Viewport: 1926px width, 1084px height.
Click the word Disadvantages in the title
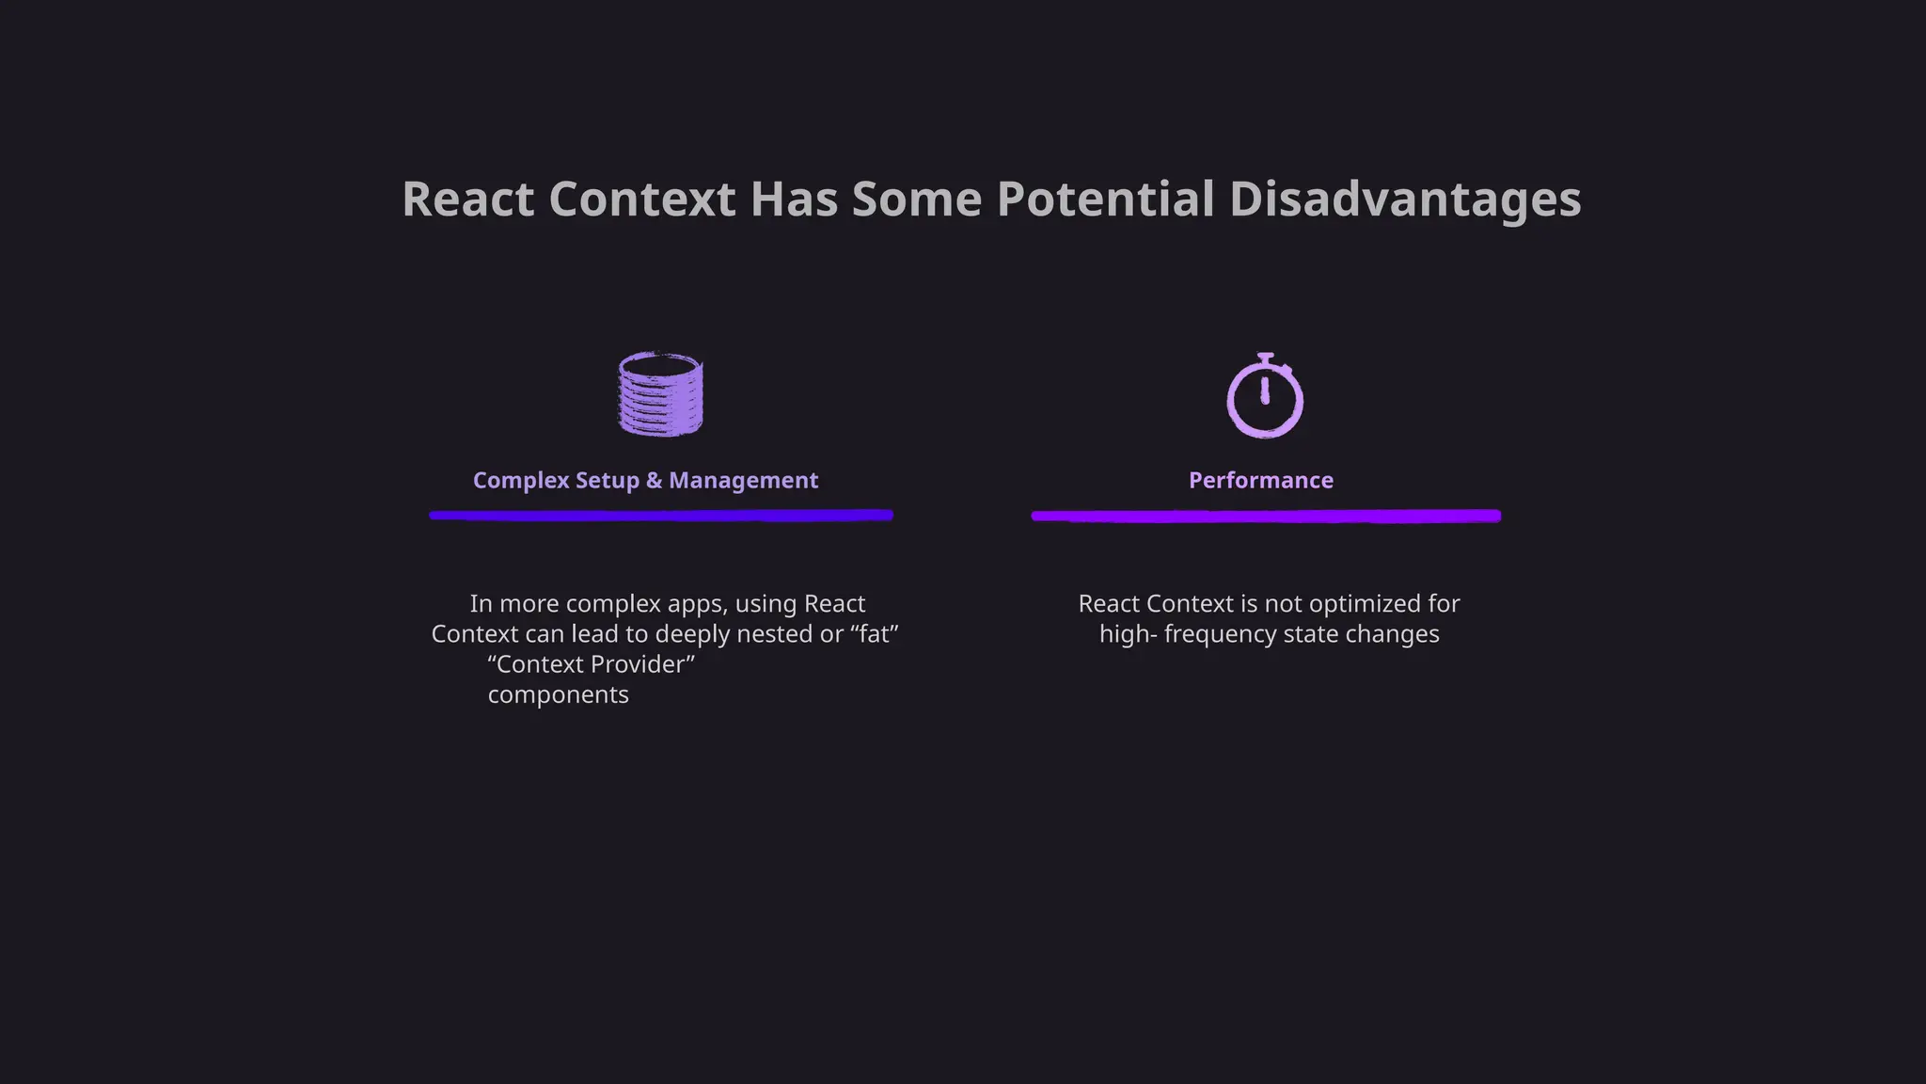1405,199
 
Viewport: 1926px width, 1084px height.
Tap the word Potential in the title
1105,199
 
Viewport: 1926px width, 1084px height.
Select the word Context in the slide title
642,199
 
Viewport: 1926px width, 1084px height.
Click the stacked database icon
660,394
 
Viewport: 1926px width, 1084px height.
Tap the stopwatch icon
1265,396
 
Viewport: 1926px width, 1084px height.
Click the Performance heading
1261,480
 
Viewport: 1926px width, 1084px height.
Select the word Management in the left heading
743,480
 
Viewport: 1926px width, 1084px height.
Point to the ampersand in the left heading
654,480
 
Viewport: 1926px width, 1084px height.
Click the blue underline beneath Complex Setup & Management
661,515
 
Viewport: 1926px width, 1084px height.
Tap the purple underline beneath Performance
1266,516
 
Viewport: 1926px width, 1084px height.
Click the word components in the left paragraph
558,694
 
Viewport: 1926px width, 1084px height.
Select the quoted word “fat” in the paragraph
875,634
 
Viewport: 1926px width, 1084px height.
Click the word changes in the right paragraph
1396,634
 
